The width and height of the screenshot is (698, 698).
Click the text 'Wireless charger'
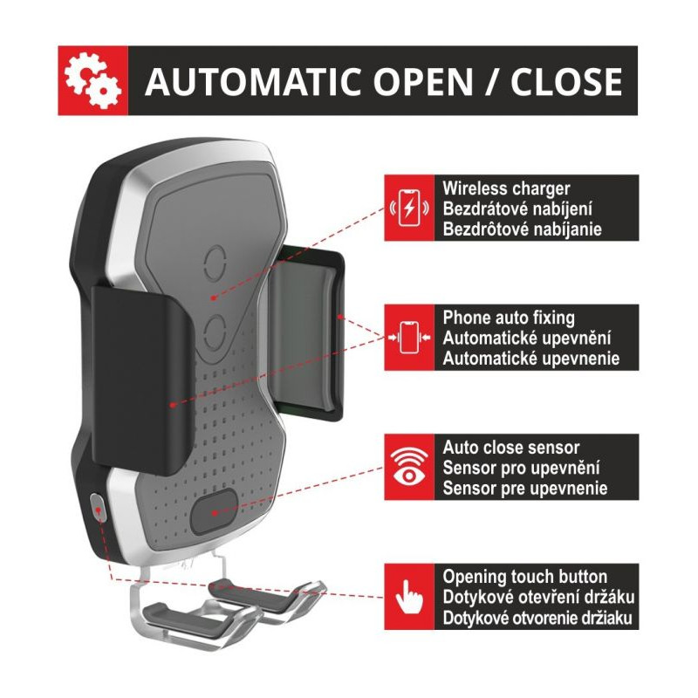506,188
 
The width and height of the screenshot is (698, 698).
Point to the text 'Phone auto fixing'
509,318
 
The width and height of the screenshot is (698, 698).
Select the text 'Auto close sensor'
510,448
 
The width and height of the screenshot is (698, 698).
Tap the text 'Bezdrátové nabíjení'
517,209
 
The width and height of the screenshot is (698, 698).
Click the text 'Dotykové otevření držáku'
537,599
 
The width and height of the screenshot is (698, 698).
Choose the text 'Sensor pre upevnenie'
524,489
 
